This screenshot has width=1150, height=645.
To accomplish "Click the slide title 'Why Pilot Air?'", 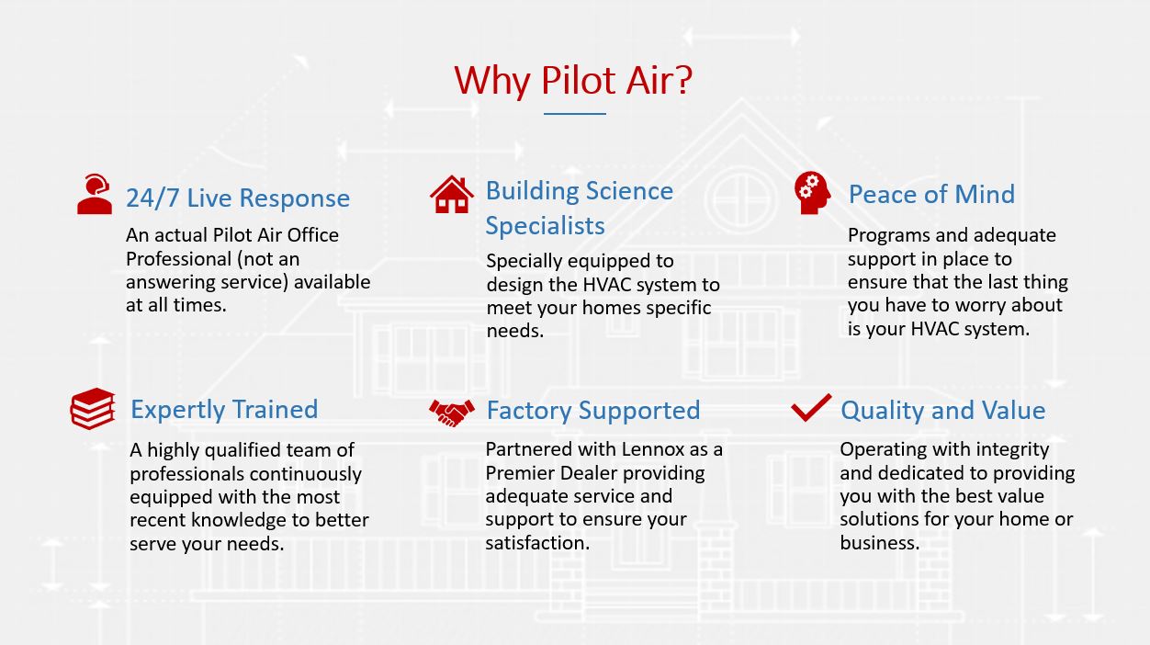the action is [x=573, y=81].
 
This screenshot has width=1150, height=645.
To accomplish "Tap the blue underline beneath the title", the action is [x=574, y=114].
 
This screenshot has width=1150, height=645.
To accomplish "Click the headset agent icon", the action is [x=95, y=194].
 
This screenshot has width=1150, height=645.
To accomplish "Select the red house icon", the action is [x=452, y=194].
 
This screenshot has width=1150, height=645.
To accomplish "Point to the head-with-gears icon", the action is [x=812, y=193].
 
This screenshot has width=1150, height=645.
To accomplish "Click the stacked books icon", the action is [x=93, y=408].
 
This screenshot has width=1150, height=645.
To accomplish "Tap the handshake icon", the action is [x=452, y=413].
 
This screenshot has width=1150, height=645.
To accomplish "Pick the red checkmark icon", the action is [x=811, y=408].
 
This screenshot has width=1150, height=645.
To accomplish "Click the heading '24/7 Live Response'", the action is [x=238, y=198].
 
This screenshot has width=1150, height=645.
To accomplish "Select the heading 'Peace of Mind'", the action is [x=931, y=194].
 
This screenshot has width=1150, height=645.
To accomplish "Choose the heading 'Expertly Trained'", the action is [x=224, y=411].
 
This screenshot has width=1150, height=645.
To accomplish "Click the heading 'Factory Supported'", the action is [x=593, y=411].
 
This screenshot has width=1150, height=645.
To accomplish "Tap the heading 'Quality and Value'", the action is [x=942, y=411].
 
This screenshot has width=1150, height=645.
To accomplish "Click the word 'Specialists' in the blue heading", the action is [x=546, y=226].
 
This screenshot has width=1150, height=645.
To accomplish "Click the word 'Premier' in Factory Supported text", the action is [x=520, y=473].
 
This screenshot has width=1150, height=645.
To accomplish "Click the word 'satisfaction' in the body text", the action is [x=537, y=543].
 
